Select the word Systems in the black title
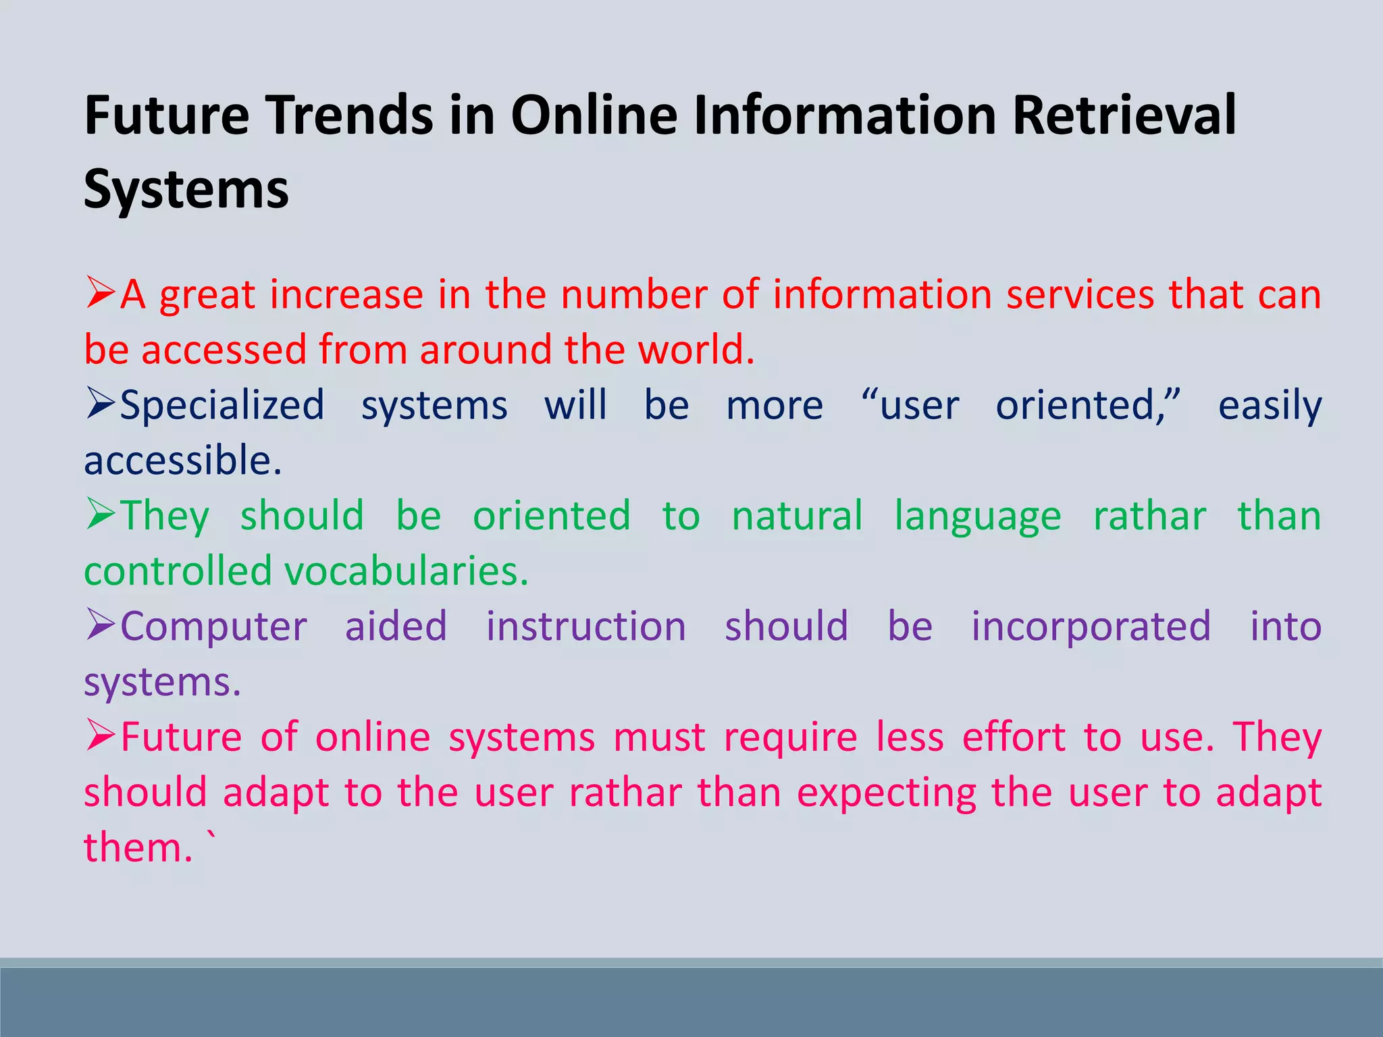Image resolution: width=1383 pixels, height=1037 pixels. [186, 189]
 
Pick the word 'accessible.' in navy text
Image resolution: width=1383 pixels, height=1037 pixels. [182, 460]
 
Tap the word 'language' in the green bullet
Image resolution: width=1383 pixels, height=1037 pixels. [977, 517]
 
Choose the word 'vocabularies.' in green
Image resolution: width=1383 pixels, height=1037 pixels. [406, 571]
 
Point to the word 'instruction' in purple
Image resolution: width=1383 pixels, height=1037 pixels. [585, 627]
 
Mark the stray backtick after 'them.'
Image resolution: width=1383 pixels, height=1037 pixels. [212, 838]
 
